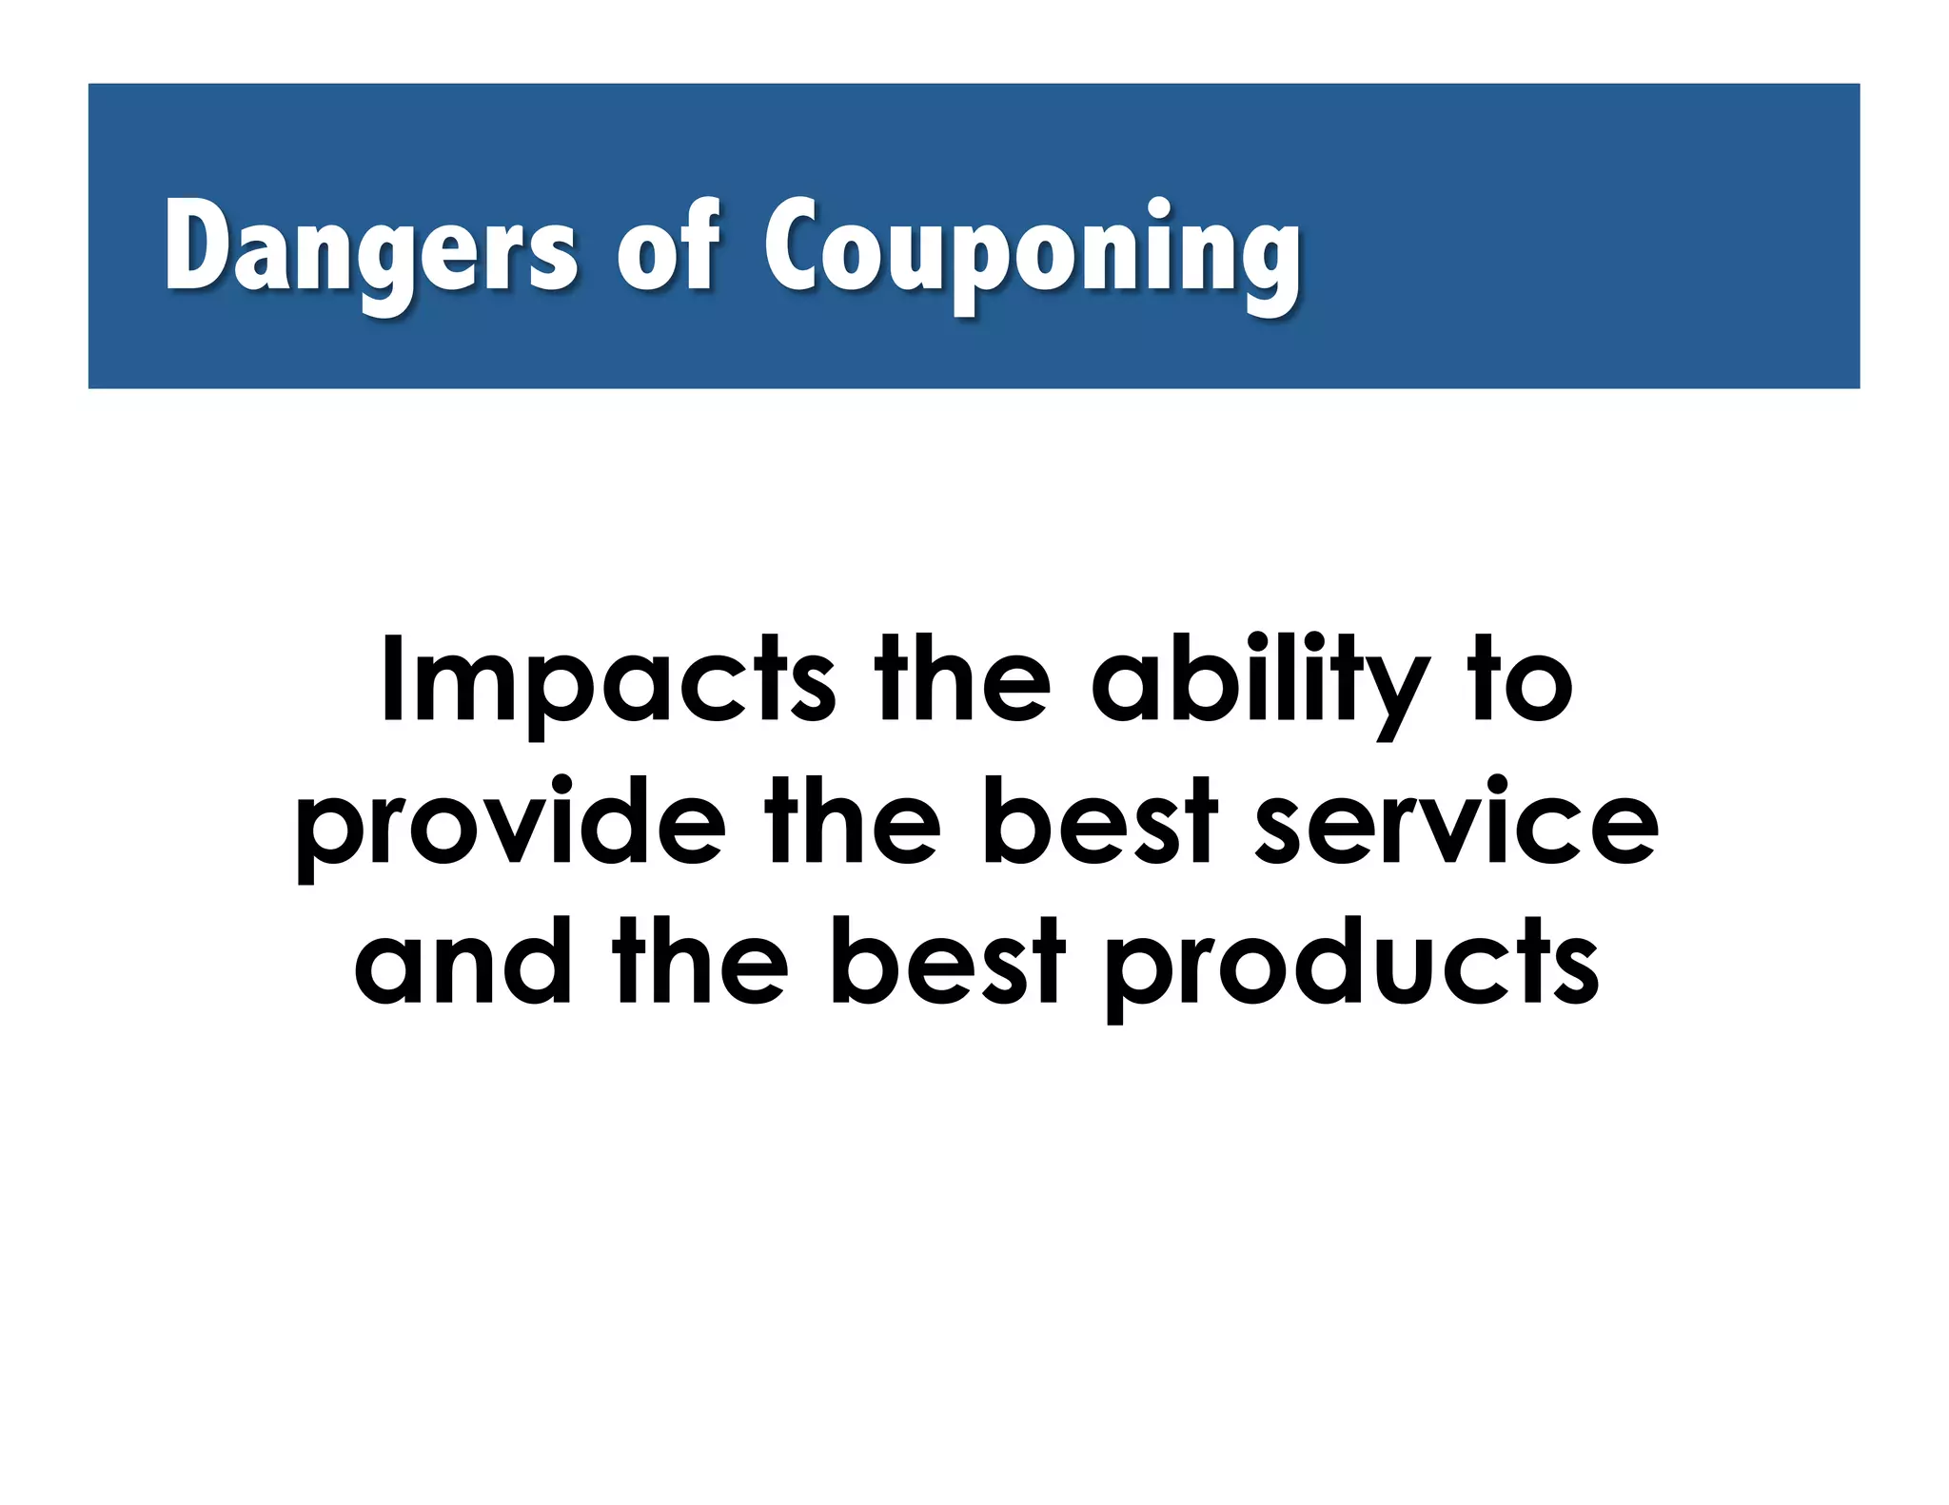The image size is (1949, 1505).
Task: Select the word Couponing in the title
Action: tap(1032, 249)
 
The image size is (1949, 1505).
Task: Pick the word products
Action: tap(1351, 963)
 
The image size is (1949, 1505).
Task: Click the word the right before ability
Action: tap(961, 680)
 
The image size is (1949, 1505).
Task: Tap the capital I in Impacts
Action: tap(389, 677)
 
